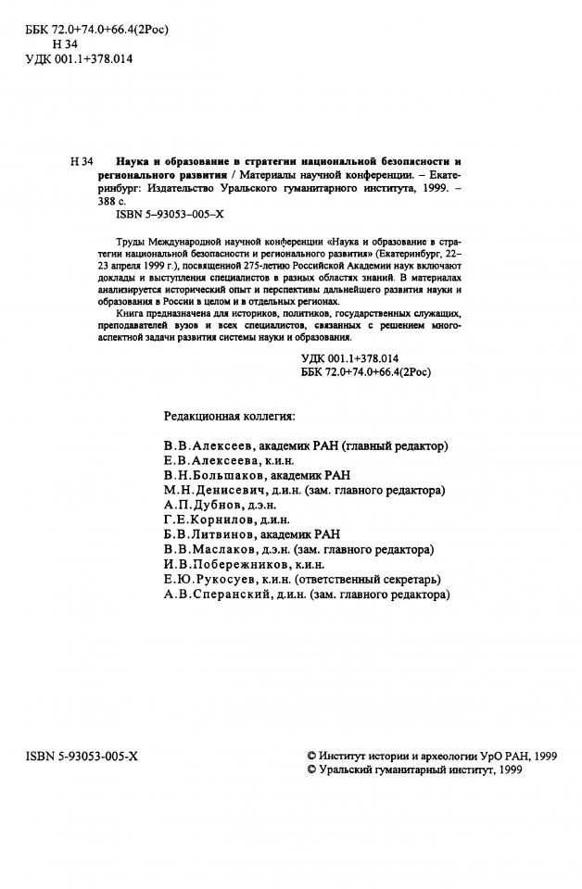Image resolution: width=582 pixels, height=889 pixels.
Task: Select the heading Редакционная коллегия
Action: tap(230, 416)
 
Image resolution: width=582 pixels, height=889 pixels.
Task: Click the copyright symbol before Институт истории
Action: tap(311, 757)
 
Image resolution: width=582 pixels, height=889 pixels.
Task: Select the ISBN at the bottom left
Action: tap(82, 757)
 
